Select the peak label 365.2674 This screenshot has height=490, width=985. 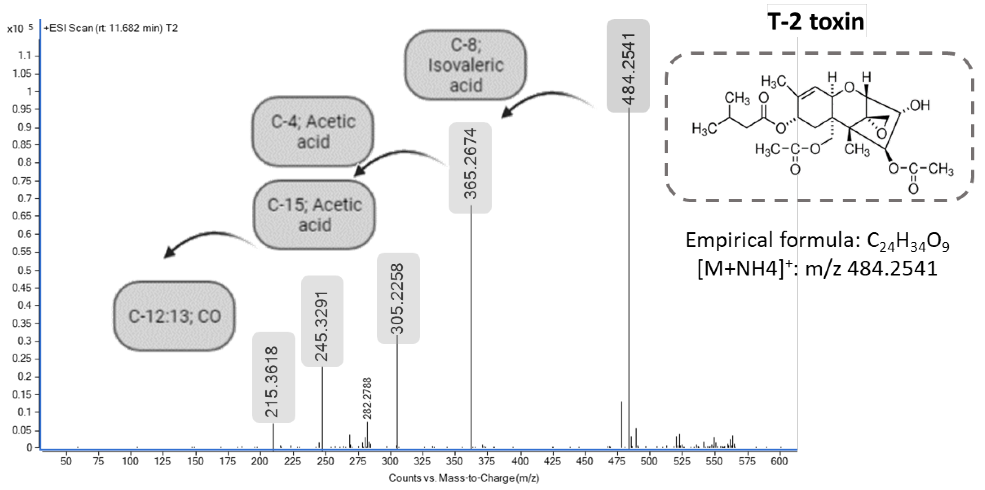pos(470,165)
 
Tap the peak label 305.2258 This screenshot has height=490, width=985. pos(398,298)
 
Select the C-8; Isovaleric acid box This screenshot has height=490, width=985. pos(465,65)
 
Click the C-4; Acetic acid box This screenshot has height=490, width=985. pos(313,131)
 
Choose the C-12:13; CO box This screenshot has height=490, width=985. pos(174,316)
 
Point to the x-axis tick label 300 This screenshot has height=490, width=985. pos(390,461)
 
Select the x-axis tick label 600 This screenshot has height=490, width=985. pos(779,461)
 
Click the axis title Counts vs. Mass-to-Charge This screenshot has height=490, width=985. pos(463,478)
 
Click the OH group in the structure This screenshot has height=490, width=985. pos(920,106)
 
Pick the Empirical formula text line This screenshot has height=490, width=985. pos(817,241)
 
